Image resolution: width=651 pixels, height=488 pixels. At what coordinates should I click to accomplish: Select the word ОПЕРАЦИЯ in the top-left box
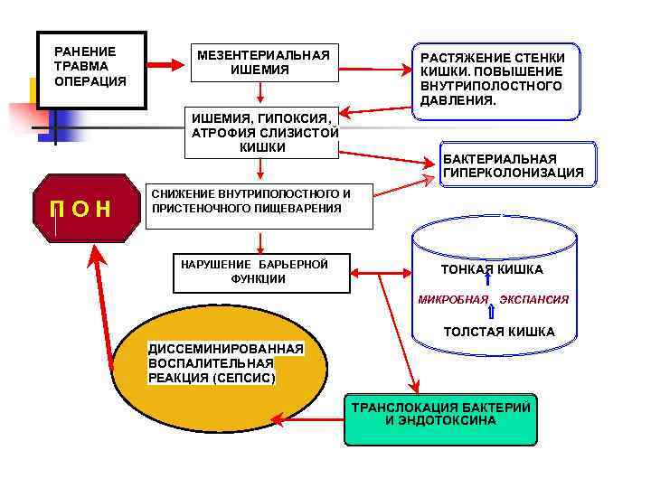click(x=90, y=81)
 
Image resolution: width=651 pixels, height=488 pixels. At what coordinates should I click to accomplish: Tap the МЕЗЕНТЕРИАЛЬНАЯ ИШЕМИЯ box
click(x=260, y=62)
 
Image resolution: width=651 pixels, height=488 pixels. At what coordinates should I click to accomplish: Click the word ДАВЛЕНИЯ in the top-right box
click(x=458, y=99)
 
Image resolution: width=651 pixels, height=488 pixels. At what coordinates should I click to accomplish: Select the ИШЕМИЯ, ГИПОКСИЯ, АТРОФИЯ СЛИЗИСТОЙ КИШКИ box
click(x=262, y=132)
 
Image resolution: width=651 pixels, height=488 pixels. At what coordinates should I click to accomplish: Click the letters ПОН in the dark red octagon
click(x=80, y=209)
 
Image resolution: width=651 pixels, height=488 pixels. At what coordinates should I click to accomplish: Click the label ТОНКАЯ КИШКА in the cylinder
click(x=492, y=269)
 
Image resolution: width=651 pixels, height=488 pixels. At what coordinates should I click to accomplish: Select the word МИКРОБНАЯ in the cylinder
click(x=453, y=299)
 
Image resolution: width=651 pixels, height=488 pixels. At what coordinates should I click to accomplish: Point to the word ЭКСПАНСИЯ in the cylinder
click(x=534, y=299)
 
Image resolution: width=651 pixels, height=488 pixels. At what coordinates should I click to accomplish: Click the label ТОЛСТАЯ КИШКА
click(x=499, y=332)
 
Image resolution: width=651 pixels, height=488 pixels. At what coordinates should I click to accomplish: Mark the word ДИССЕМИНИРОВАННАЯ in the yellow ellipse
click(x=226, y=349)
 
